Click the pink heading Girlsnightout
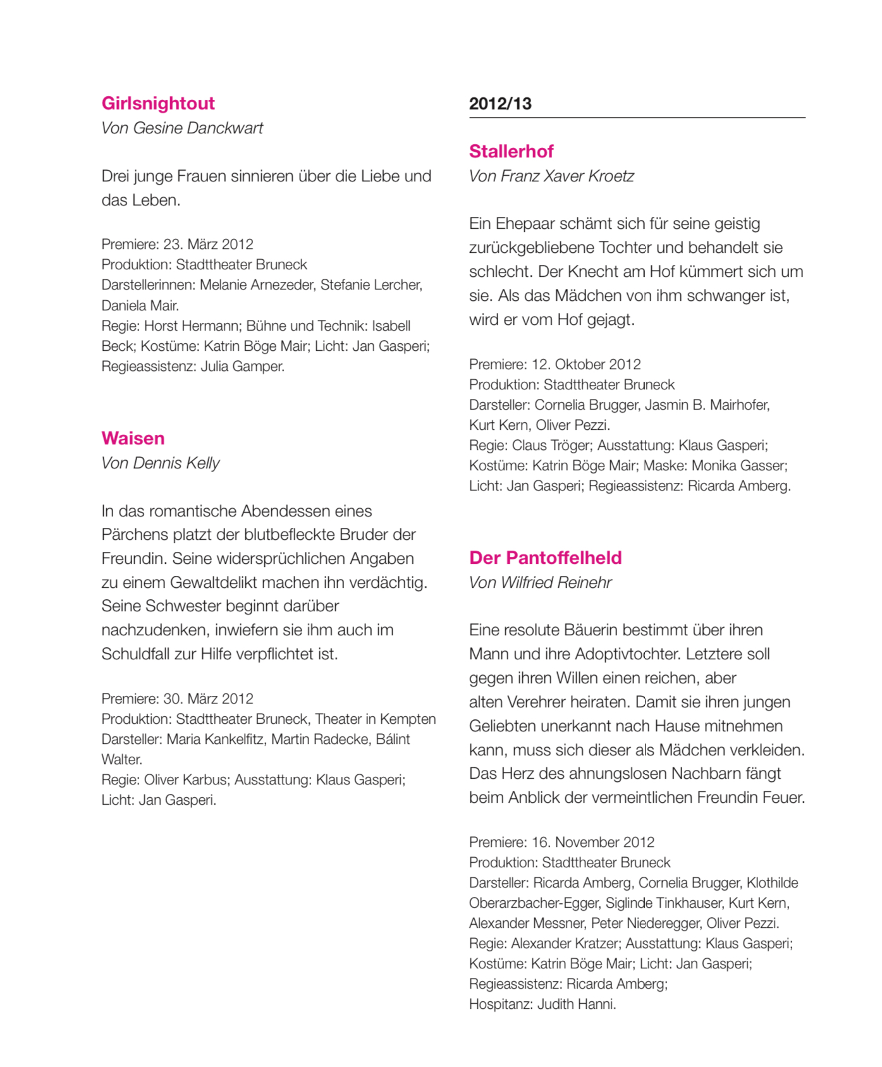(x=158, y=104)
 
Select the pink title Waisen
(x=133, y=439)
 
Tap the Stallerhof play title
(x=511, y=152)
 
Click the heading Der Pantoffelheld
(x=545, y=558)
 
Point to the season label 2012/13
(x=500, y=104)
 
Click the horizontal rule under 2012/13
(x=637, y=118)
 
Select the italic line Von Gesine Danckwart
(x=182, y=128)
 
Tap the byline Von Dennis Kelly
(x=161, y=463)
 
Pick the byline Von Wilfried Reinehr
(x=540, y=583)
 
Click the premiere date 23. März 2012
(x=208, y=245)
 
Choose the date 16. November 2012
(x=592, y=843)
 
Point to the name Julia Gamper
(x=242, y=367)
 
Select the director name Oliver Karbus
(x=185, y=780)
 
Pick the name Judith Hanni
(x=576, y=1004)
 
